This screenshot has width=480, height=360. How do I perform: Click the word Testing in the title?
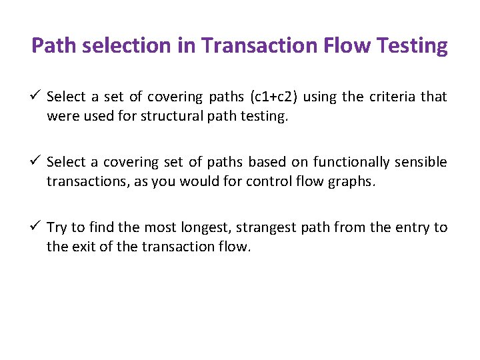click(x=413, y=46)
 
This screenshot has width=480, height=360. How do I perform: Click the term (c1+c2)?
click(x=273, y=97)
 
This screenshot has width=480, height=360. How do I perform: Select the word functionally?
click(x=356, y=163)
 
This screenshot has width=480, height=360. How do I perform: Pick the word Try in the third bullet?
click(x=56, y=228)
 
